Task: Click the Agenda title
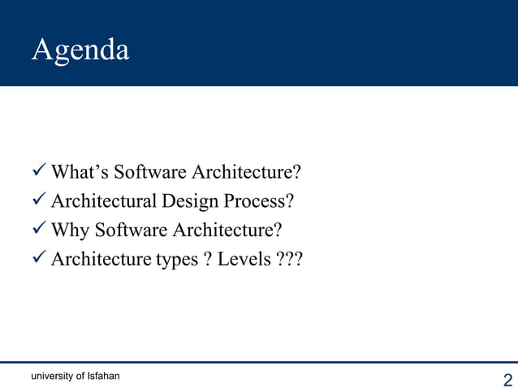pyautogui.click(x=80, y=50)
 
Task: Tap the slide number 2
pyautogui.click(x=508, y=380)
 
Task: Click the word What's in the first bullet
pyautogui.click(x=79, y=172)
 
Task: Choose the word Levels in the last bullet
pyautogui.click(x=244, y=259)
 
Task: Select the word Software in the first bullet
pyautogui.click(x=146, y=172)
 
